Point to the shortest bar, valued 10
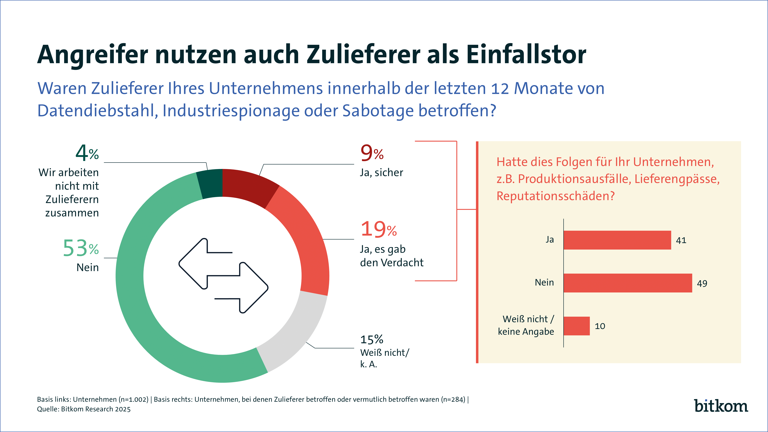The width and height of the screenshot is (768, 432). point(576,326)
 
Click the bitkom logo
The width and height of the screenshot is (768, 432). point(721,406)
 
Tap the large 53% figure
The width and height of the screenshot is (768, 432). point(81,248)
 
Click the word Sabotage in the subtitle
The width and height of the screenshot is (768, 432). point(378,111)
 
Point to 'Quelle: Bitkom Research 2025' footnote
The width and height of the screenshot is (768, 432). point(84,409)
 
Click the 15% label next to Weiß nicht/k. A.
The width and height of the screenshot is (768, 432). point(372,339)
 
